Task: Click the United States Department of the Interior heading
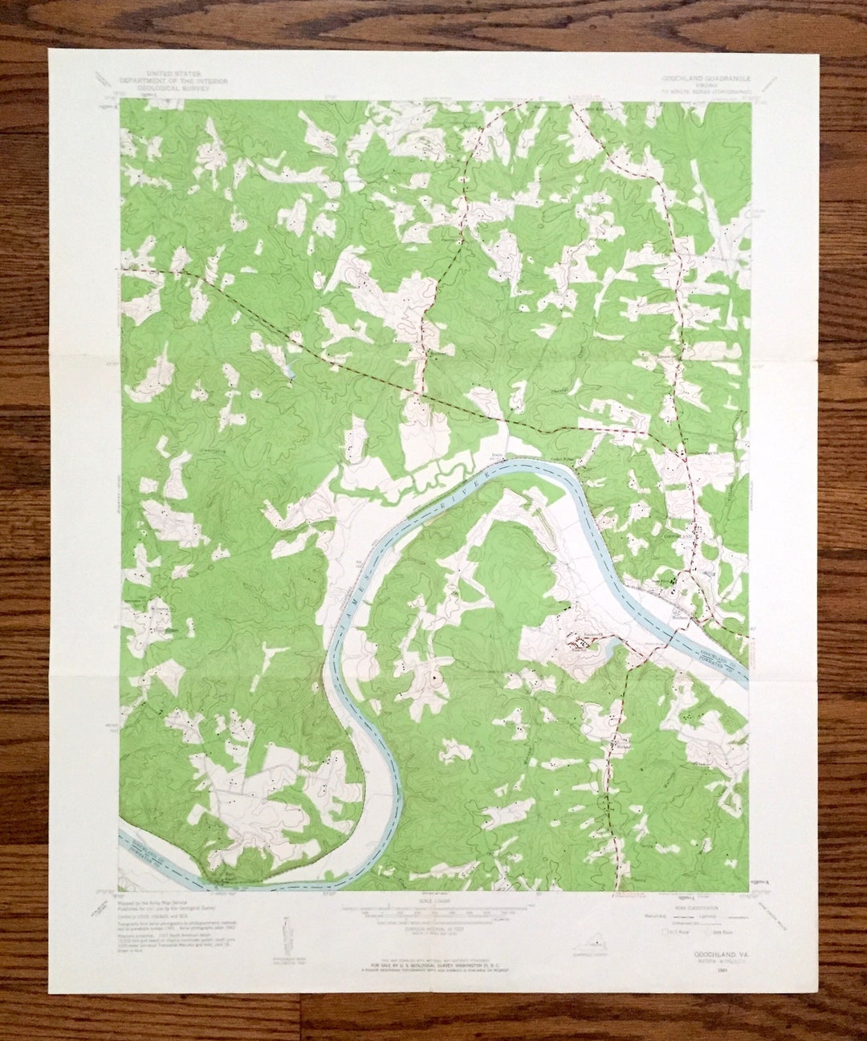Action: (x=173, y=81)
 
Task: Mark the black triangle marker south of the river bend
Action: (x=435, y=677)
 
